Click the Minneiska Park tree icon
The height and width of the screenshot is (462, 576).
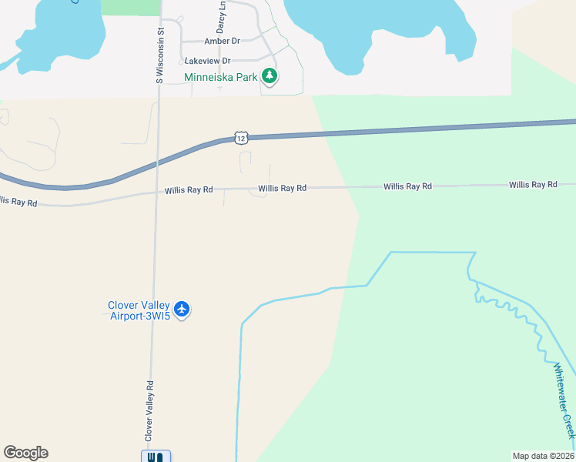point(270,76)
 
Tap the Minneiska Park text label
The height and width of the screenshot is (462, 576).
point(220,77)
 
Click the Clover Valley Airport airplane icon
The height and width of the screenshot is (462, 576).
point(182,310)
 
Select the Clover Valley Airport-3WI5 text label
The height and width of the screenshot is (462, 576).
point(139,310)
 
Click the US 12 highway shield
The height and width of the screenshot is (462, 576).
point(241,138)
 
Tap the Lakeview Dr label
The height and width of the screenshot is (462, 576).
point(206,61)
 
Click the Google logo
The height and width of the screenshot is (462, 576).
point(25,453)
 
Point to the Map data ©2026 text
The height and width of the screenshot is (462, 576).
point(543,456)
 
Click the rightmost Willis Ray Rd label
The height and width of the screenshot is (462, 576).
point(532,185)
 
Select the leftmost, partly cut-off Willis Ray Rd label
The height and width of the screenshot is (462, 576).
point(17,202)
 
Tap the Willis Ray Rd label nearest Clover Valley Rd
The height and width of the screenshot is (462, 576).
point(189,190)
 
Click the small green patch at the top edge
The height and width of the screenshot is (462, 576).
point(130,7)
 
